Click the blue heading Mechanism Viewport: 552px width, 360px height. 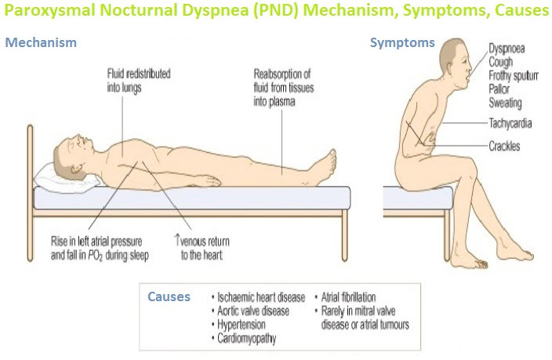tap(41, 42)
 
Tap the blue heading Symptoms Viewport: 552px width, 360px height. tap(402, 43)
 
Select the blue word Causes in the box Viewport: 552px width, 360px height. tap(169, 296)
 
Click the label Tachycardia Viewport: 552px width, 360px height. tap(510, 123)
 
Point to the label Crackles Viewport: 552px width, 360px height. tap(504, 146)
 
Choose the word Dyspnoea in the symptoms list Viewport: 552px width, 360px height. tap(507, 49)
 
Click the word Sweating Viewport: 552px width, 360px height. tap(505, 103)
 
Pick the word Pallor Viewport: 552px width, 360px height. tap(499, 89)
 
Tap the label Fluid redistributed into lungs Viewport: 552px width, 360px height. tap(139, 81)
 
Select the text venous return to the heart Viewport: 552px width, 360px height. tap(202, 248)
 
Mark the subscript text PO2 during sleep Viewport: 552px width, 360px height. tap(118, 256)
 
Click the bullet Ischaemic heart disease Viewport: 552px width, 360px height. tap(259, 298)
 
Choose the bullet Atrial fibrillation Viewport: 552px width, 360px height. tap(345, 297)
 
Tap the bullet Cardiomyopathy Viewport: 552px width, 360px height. tap(244, 339)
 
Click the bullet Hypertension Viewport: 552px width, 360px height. tap(238, 325)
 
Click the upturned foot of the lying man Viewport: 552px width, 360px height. tap(326, 166)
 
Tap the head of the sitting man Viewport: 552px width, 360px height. tap(456, 64)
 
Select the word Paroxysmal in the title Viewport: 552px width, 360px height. tap(49, 10)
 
